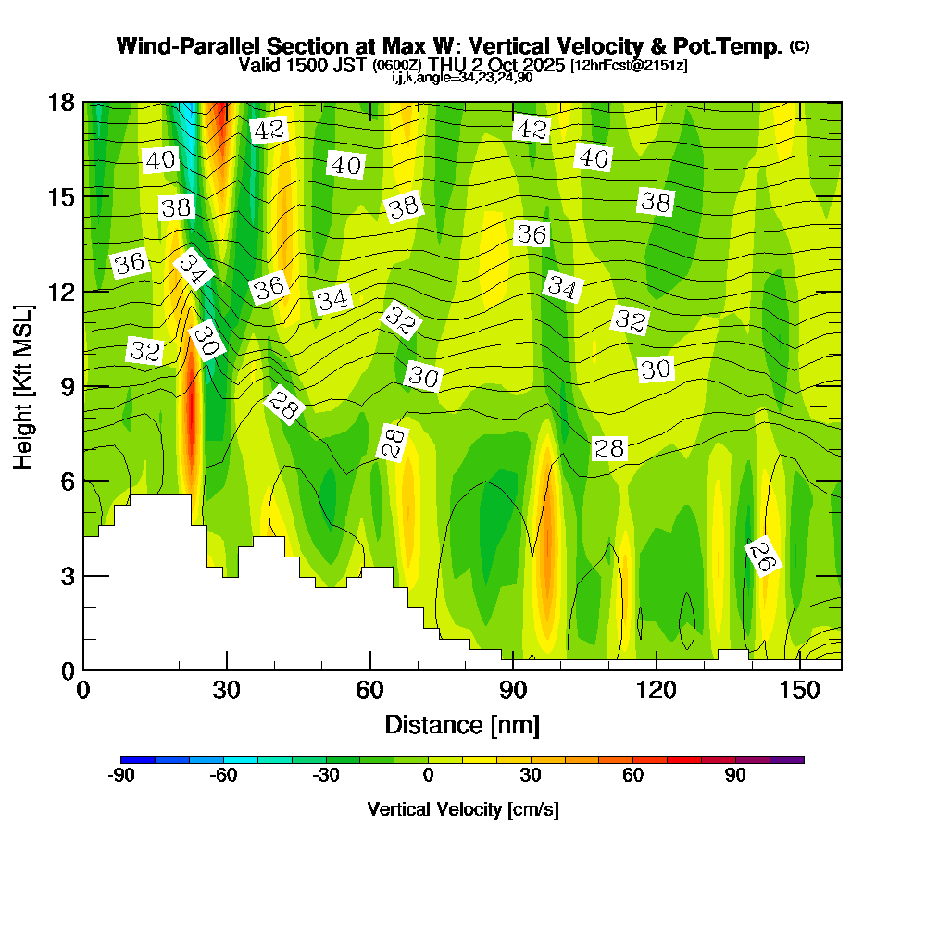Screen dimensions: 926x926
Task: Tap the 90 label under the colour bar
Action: [x=735, y=776]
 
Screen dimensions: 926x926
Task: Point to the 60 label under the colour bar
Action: [x=633, y=776]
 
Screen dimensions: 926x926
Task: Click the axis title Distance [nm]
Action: [x=462, y=723]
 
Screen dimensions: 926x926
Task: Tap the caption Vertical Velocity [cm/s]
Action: [x=462, y=809]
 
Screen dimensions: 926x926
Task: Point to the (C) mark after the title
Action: [x=799, y=45]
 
